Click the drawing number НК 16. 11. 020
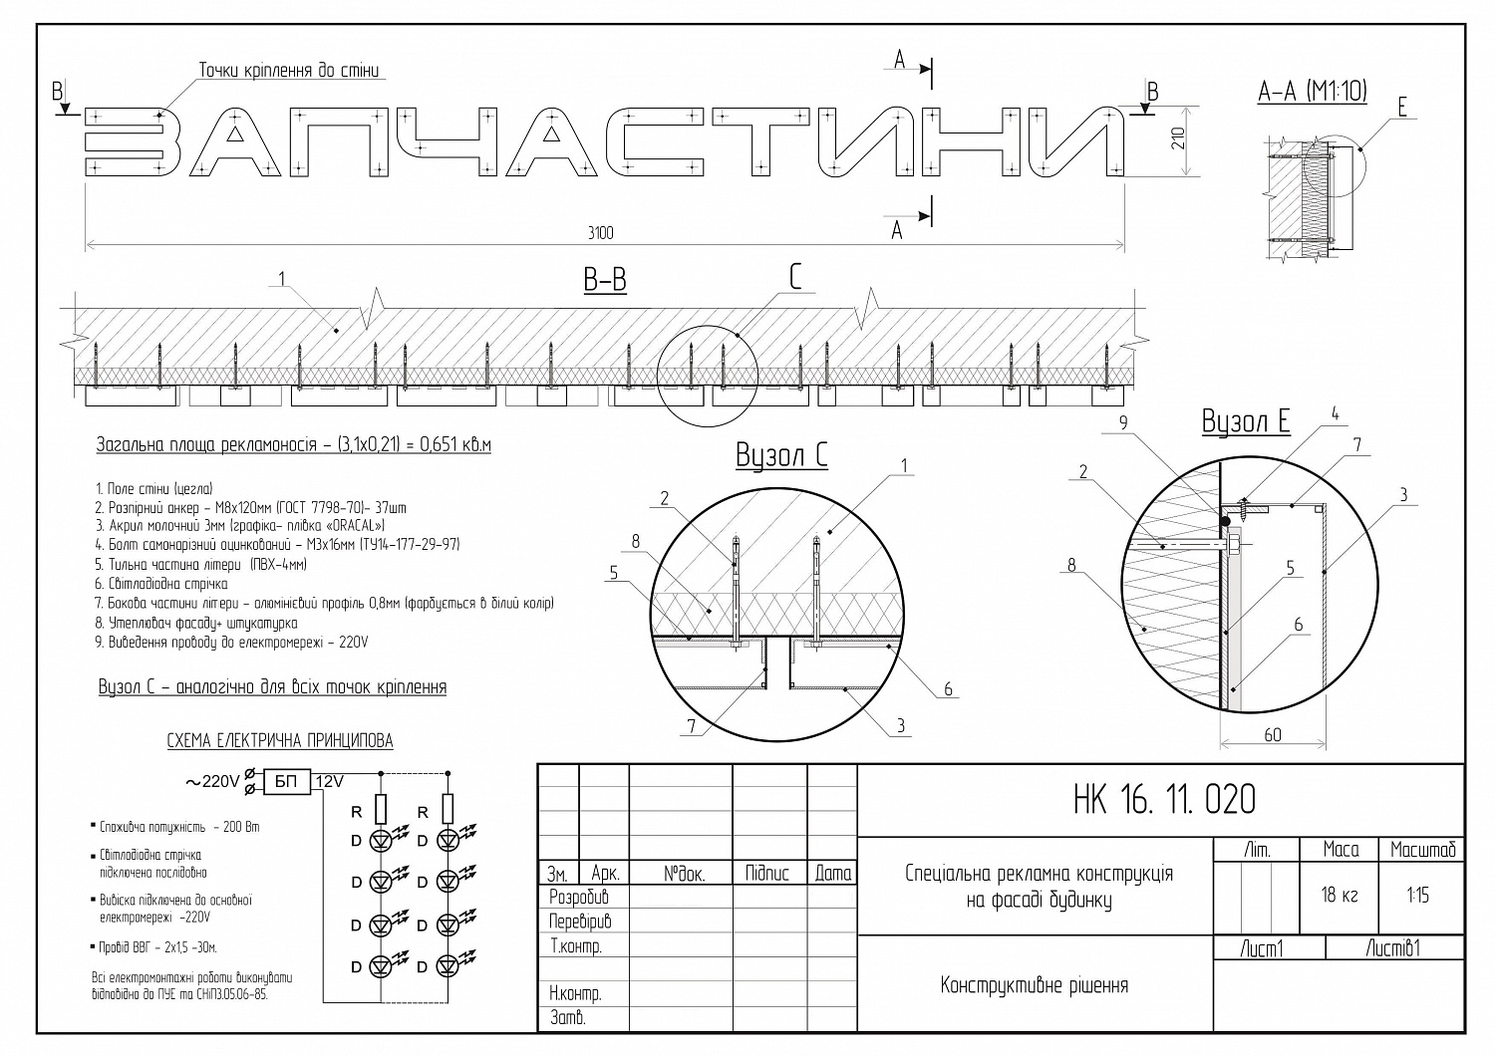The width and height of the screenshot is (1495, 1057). pyautogui.click(x=1164, y=799)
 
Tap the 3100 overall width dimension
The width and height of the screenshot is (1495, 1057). pyautogui.click(x=600, y=233)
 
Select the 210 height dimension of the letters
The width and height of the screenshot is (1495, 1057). pyautogui.click(x=1179, y=138)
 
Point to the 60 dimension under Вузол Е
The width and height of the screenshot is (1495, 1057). pyautogui.click(x=1272, y=734)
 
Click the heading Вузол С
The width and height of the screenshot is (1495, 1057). pyautogui.click(x=781, y=455)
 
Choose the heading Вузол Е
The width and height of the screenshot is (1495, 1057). pyautogui.click(x=1246, y=421)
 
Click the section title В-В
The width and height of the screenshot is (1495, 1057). pyautogui.click(x=605, y=280)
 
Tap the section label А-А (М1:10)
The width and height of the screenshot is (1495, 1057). pyautogui.click(x=1313, y=92)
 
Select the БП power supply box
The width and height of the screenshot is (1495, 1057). pyautogui.click(x=287, y=781)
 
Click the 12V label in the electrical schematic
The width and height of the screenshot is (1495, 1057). pyautogui.click(x=329, y=781)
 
